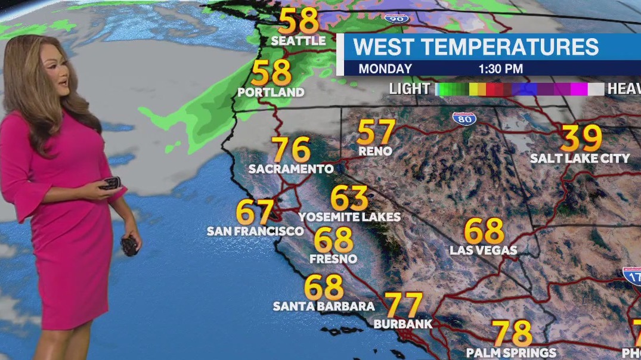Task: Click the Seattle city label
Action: click(298, 41)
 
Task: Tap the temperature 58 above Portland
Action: click(271, 73)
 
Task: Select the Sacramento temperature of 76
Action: click(291, 150)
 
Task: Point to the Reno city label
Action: click(375, 151)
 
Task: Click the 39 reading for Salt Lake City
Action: click(581, 138)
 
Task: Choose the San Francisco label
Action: click(255, 231)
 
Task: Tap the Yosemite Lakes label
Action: click(349, 216)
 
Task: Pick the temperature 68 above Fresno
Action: click(334, 240)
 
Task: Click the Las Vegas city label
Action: click(483, 250)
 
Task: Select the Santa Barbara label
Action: click(324, 306)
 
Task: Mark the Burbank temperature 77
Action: click(404, 305)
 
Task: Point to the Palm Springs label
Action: click(511, 353)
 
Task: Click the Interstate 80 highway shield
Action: click(464, 118)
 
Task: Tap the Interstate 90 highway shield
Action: click(394, 17)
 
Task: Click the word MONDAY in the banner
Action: click(385, 69)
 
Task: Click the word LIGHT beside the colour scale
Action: click(409, 89)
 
